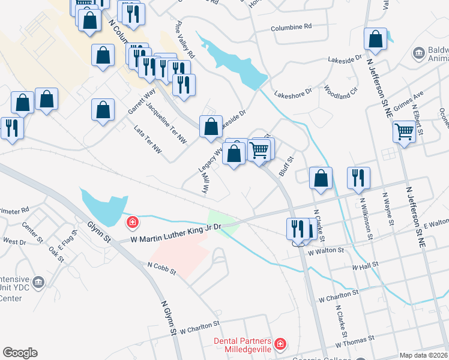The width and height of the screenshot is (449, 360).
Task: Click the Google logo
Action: click(20, 353)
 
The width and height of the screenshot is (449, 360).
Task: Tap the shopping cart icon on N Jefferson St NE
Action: click(405, 131)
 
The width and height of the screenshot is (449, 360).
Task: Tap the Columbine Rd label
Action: click(291, 27)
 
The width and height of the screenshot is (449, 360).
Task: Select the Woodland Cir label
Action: click(340, 91)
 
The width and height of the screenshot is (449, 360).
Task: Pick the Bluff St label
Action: click(286, 167)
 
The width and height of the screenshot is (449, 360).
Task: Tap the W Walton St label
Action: click(325, 251)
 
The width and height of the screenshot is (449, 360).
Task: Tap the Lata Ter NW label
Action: click(148, 139)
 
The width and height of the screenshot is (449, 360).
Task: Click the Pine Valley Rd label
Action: click(184, 40)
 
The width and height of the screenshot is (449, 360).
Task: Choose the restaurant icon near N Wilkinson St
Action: click(358, 178)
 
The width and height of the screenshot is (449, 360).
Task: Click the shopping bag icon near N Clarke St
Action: click(321, 178)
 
